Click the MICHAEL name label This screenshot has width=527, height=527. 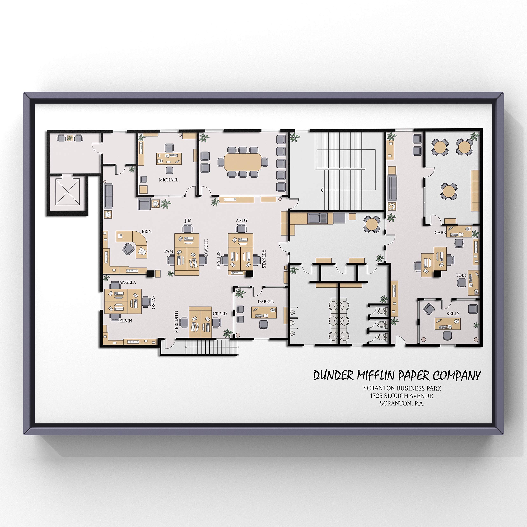(x=169, y=180)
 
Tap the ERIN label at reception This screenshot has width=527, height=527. (x=147, y=231)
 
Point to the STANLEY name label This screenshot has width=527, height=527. (x=264, y=259)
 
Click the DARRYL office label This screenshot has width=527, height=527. (x=265, y=302)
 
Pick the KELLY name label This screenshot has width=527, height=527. (x=453, y=314)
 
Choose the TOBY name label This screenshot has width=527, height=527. (x=462, y=275)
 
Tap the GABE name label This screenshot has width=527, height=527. (x=440, y=233)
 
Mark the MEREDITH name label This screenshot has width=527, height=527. (x=176, y=322)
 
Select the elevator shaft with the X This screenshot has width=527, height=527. (x=68, y=192)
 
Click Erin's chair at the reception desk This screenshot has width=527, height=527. (x=128, y=248)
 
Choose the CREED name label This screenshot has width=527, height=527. (x=220, y=314)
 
